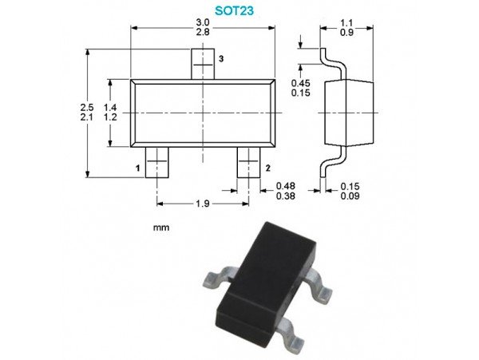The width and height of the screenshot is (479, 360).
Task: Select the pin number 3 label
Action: (221, 60)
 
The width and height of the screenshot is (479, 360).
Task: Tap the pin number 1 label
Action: (138, 168)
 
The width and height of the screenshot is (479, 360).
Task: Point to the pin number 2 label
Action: (267, 168)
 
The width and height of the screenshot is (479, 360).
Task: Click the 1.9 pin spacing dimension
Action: (202, 204)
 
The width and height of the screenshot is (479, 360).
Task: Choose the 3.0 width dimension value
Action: (203, 22)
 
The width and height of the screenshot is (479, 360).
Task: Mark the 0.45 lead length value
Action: (300, 83)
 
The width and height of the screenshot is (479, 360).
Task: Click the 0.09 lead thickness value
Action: (349, 196)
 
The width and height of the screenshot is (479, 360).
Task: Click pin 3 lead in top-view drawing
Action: (203, 64)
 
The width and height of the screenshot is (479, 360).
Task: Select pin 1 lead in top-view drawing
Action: (157, 162)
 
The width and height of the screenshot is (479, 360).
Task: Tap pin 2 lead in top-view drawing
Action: (249, 162)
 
